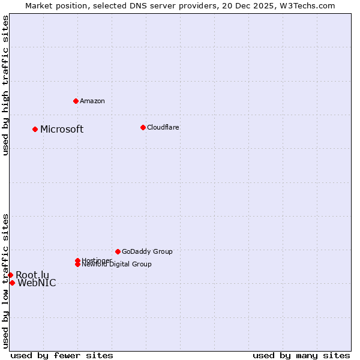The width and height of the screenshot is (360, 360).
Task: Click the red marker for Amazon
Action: (x=76, y=101)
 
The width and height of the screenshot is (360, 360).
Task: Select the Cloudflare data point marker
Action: (x=143, y=127)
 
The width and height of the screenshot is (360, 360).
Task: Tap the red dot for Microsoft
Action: (x=35, y=129)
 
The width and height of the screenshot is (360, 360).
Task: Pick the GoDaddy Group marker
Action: (x=118, y=251)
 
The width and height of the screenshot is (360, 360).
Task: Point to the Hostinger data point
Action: (x=77, y=260)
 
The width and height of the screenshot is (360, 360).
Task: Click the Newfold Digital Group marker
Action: (x=78, y=264)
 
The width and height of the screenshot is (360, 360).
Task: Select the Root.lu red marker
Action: (x=10, y=275)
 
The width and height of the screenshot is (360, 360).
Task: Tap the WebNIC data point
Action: (x=12, y=283)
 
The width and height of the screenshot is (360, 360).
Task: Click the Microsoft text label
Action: (x=62, y=130)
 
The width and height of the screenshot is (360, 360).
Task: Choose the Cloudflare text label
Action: (x=163, y=127)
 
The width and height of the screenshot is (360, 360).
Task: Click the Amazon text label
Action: (x=92, y=101)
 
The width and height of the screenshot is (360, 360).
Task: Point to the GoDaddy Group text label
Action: (x=147, y=251)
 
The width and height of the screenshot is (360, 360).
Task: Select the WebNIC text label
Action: (x=37, y=283)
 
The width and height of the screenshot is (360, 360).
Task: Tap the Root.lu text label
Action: (x=32, y=275)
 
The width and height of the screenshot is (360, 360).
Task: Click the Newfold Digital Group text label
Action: (x=116, y=265)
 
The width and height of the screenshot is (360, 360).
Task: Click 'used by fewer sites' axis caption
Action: (x=62, y=355)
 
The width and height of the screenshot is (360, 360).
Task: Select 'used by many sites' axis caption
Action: (x=301, y=355)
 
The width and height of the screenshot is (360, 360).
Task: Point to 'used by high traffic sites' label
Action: (x=5, y=85)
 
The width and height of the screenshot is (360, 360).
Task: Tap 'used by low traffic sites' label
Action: (x=5, y=280)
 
